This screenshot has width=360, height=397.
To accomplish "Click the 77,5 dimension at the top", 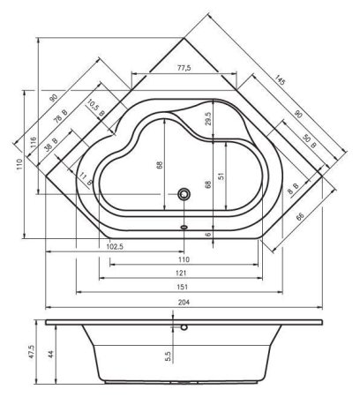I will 184,68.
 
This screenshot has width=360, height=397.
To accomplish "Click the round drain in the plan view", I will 184,193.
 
